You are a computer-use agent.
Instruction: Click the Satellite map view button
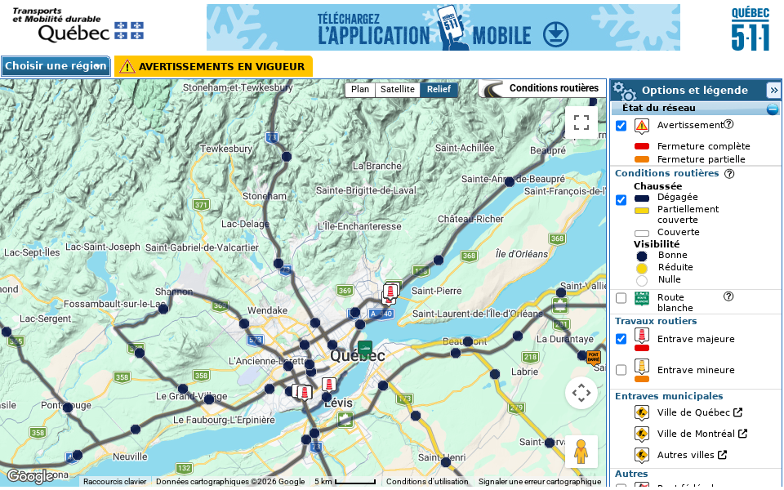[x=398, y=90]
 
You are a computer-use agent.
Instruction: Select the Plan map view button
[x=360, y=90]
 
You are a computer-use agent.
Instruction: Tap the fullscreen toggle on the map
[x=581, y=122]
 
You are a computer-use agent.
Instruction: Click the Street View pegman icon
[x=581, y=452]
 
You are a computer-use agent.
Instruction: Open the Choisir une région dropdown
[x=56, y=66]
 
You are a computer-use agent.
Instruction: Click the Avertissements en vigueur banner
[x=213, y=66]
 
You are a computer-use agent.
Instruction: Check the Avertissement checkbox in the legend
[x=621, y=126]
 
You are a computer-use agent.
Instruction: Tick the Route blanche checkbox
[x=621, y=298]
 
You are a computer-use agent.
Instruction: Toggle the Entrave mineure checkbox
[x=621, y=370]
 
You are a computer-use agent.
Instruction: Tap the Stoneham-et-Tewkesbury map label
[x=238, y=87]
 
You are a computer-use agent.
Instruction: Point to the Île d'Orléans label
[x=522, y=254]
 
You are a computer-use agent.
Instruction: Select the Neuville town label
[x=130, y=457]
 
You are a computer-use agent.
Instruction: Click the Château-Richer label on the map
[x=470, y=219]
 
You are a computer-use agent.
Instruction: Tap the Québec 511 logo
[x=750, y=29]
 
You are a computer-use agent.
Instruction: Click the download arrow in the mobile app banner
[x=556, y=34]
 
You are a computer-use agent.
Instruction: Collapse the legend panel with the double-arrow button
[x=773, y=90]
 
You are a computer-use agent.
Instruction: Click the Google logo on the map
[x=30, y=476]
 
